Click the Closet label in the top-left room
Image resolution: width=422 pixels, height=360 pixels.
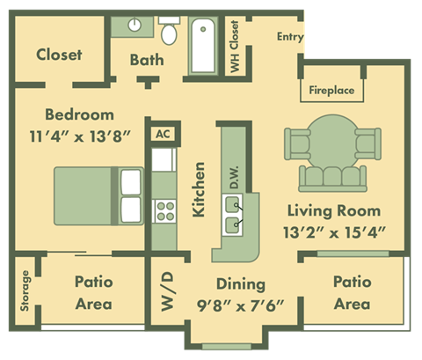[x=59, y=55]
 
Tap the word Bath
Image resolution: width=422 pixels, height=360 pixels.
[x=145, y=60]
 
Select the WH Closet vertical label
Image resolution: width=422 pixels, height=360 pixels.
[x=235, y=46]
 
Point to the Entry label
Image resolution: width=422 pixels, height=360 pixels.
[x=289, y=37]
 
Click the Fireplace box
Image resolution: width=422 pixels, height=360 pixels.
[x=331, y=90]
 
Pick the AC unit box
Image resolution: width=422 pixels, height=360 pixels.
[x=162, y=135]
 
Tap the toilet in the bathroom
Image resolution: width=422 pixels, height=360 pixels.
[x=169, y=33]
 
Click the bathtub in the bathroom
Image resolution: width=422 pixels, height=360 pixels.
[x=207, y=42]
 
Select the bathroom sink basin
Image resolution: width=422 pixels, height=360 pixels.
[x=138, y=26]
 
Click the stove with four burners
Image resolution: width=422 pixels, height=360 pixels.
[x=164, y=210]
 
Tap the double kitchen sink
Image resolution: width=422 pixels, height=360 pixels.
[x=235, y=214]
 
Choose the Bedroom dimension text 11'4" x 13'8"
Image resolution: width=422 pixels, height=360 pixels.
[x=79, y=136]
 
